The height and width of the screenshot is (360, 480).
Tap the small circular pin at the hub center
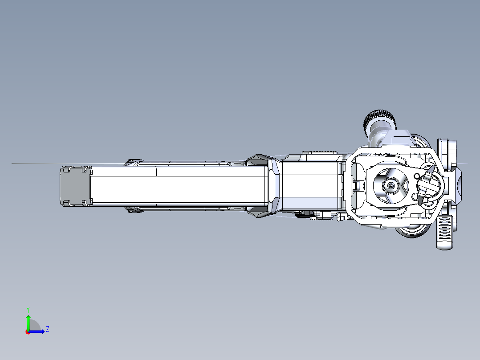(x=391, y=185)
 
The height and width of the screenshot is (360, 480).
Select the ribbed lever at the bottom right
(x=444, y=232)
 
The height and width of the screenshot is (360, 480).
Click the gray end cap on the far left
(x=75, y=186)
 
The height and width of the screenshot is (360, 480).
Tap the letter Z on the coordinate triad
(x=47, y=329)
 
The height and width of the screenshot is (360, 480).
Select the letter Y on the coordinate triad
(x=28, y=309)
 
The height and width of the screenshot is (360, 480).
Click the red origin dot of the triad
(x=28, y=332)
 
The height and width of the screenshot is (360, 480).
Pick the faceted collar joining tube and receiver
(x=273, y=186)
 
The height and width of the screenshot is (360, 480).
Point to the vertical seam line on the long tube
(x=157, y=186)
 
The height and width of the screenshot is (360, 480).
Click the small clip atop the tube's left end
(x=135, y=160)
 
